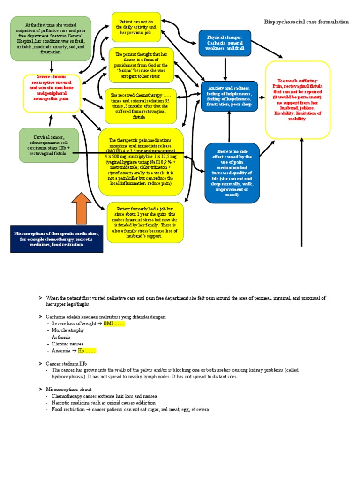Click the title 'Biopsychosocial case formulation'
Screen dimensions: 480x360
(x=306, y=22)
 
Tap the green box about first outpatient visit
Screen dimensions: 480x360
(x=51, y=39)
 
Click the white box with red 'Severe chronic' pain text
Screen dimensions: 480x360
(x=52, y=93)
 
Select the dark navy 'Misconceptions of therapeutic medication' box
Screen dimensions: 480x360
(x=57, y=239)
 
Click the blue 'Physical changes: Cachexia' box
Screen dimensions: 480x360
(x=225, y=43)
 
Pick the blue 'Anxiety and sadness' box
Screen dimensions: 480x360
(x=229, y=96)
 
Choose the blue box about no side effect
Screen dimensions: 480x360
(x=232, y=173)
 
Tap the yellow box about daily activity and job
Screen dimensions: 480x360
(x=136, y=27)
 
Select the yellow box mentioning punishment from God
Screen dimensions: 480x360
(x=141, y=65)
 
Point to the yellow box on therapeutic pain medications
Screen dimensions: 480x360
(x=141, y=162)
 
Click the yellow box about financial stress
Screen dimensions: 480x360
(x=145, y=223)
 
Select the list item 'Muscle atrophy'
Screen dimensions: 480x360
(x=68, y=330)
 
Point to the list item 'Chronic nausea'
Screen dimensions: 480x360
(x=68, y=344)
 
